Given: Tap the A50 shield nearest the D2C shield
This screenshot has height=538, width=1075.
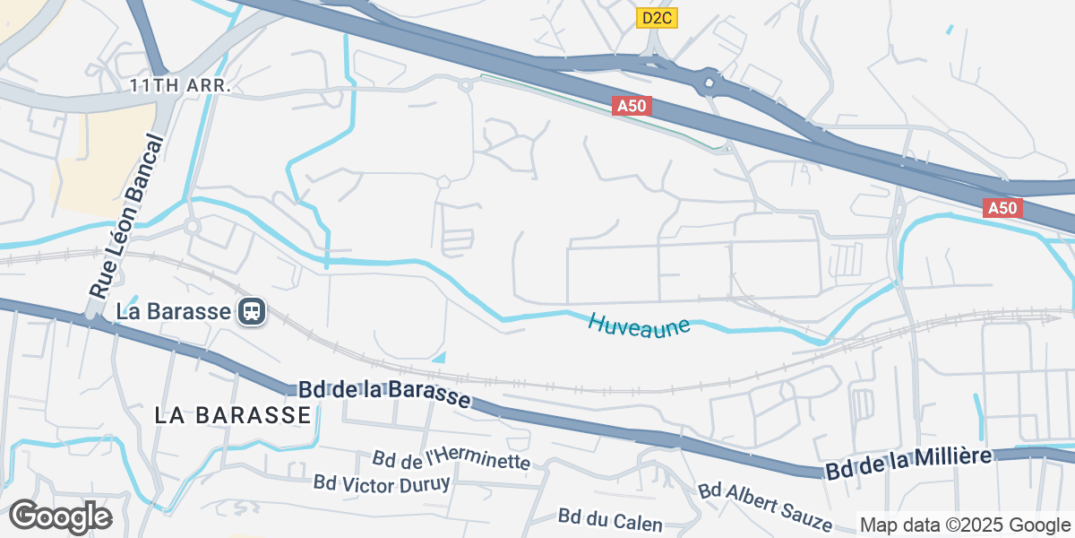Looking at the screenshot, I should click(x=632, y=107).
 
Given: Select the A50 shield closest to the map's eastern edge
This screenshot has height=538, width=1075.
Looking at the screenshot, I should click(x=1002, y=208).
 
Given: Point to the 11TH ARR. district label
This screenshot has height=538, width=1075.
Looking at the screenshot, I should click(x=180, y=86).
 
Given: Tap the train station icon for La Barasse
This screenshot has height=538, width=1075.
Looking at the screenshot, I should click(x=252, y=312).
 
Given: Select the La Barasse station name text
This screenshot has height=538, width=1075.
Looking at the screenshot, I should click(x=174, y=312).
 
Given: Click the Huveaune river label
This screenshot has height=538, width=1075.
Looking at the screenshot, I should click(x=640, y=324).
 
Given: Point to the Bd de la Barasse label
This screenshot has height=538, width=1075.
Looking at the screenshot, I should click(x=384, y=393).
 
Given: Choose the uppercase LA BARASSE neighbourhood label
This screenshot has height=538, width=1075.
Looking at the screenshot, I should click(x=233, y=415).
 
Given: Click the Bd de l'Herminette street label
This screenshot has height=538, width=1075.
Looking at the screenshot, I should click(x=451, y=460).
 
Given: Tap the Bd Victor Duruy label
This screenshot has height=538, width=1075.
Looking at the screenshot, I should click(x=382, y=482).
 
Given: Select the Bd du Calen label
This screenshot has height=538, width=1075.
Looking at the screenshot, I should click(x=610, y=520).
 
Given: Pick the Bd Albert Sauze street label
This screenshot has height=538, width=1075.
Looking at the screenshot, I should click(x=764, y=508).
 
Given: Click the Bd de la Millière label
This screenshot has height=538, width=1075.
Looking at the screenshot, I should click(x=908, y=464).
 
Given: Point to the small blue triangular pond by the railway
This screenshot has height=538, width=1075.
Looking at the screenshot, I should click(x=440, y=357).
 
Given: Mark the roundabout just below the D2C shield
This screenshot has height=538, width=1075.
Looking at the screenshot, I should click(x=709, y=83).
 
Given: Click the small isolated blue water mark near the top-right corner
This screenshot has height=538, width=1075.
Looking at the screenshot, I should click(x=950, y=30).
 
